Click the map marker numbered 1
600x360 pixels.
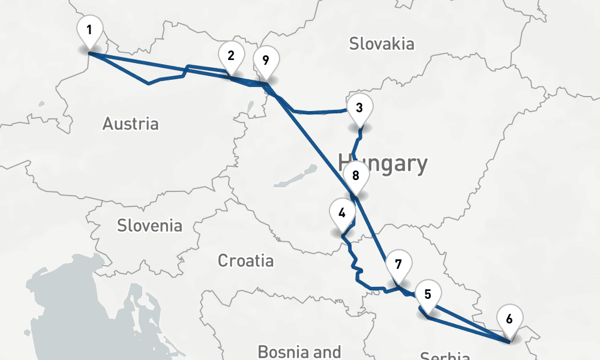pyautogui.click(x=89, y=30)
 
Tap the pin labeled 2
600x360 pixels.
pyautogui.click(x=231, y=56)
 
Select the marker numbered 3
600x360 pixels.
pyautogui.click(x=359, y=108)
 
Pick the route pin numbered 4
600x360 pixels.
pyautogui.click(x=342, y=212)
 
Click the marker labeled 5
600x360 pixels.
pyautogui.click(x=428, y=294)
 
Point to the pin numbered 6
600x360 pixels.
pyautogui.click(x=509, y=319)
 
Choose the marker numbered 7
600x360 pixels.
pyautogui.click(x=398, y=264)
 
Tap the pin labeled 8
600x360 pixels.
pyautogui.click(x=356, y=176)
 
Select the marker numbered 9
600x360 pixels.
pyautogui.click(x=266, y=59)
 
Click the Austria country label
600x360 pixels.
pyautogui.click(x=130, y=124)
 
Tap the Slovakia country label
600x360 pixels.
pyautogui.click(x=382, y=44)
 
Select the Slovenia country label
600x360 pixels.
pyautogui.click(x=149, y=226)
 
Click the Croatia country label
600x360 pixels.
pyautogui.click(x=245, y=261)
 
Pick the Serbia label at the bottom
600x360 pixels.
pyautogui.click(x=445, y=356)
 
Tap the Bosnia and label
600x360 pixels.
pyautogui.click(x=299, y=351)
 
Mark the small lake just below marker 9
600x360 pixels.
pyautogui.click(x=251, y=109)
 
